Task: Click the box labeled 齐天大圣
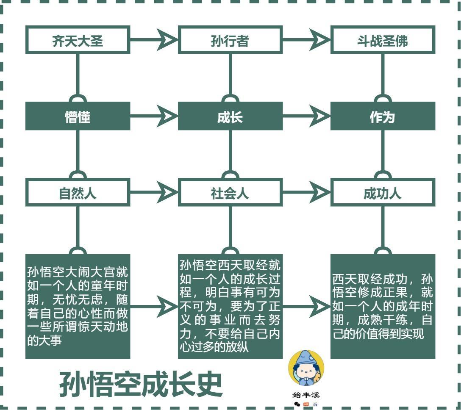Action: tap(78, 41)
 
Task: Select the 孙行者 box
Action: tap(230, 41)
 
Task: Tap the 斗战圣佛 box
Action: tap(383, 41)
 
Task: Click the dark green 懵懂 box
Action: tap(78, 116)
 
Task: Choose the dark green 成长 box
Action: tap(230, 116)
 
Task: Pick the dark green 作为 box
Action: tap(383, 116)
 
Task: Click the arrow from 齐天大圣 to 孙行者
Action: tap(154, 41)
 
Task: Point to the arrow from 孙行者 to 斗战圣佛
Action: tap(307, 41)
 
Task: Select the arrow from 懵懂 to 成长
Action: tap(154, 116)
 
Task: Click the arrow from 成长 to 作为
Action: tap(307, 116)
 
